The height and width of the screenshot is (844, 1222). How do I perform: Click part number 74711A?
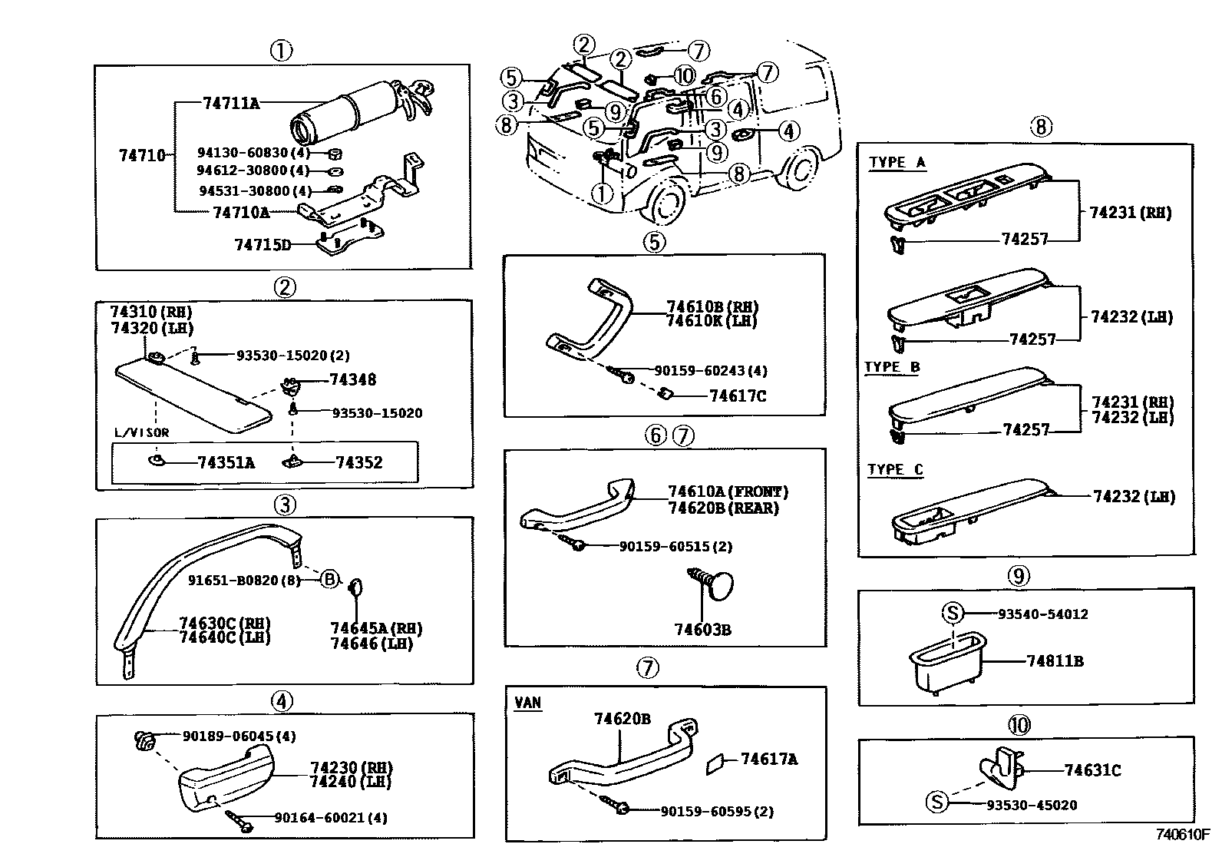pyautogui.click(x=231, y=102)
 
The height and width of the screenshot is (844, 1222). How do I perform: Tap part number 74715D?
pyautogui.click(x=263, y=245)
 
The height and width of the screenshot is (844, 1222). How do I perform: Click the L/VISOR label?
pyautogui.click(x=141, y=432)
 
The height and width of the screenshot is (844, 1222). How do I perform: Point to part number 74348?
pyautogui.click(x=353, y=380)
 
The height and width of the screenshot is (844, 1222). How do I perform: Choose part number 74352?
pyautogui.click(x=358, y=462)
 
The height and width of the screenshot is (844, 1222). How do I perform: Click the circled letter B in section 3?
pyautogui.click(x=329, y=579)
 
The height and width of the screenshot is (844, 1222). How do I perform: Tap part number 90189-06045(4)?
pyautogui.click(x=239, y=736)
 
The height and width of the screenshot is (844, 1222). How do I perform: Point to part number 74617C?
pyautogui.click(x=738, y=396)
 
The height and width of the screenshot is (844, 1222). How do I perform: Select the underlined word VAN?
pyautogui.click(x=528, y=703)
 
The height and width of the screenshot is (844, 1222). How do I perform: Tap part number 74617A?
pyautogui.click(x=769, y=759)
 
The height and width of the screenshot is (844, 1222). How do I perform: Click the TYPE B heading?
pyautogui.click(x=892, y=366)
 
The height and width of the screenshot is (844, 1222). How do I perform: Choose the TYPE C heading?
pyautogui.click(x=895, y=469)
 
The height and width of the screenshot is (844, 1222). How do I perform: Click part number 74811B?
pyautogui.click(x=1055, y=661)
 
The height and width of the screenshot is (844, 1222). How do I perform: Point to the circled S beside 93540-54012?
pyautogui.click(x=952, y=614)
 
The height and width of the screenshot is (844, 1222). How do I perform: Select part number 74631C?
pyautogui.click(x=1092, y=770)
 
